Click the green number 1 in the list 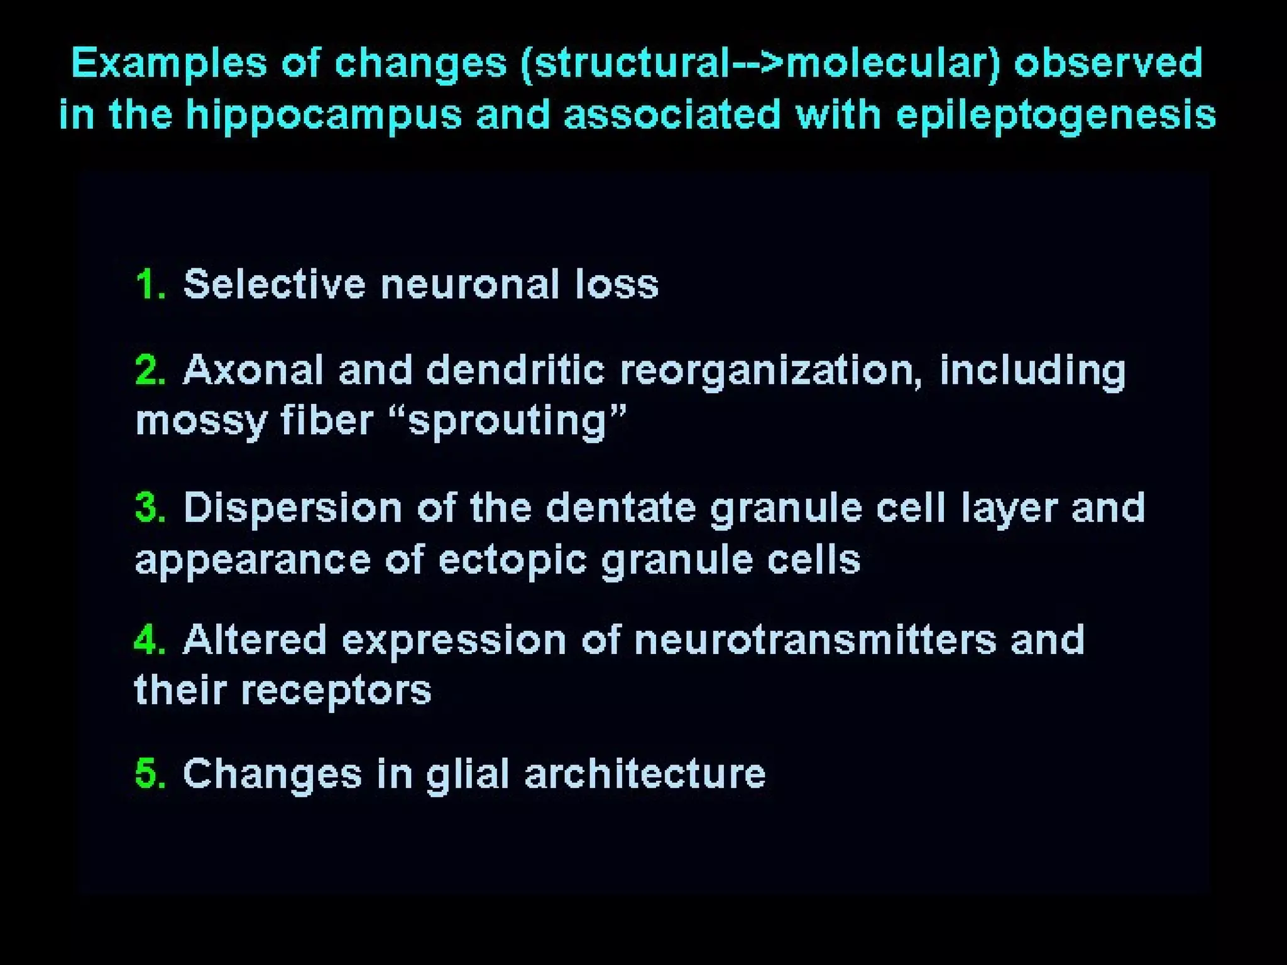tap(150, 285)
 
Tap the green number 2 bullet tap(150, 370)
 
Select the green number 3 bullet tap(150, 508)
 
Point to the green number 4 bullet tap(150, 641)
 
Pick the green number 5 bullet tap(150, 773)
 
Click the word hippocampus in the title tap(323, 117)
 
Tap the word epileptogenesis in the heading tap(1056, 117)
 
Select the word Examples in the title tap(168, 63)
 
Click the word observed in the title tap(1109, 63)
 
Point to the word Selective tap(274, 285)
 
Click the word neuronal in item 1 tap(469, 285)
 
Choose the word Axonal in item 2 tap(253, 370)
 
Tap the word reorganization tap(771, 371)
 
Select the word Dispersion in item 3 tap(292, 508)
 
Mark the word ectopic tap(512, 560)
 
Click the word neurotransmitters tap(815, 641)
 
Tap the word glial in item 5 tap(468, 773)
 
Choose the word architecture tap(645, 773)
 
